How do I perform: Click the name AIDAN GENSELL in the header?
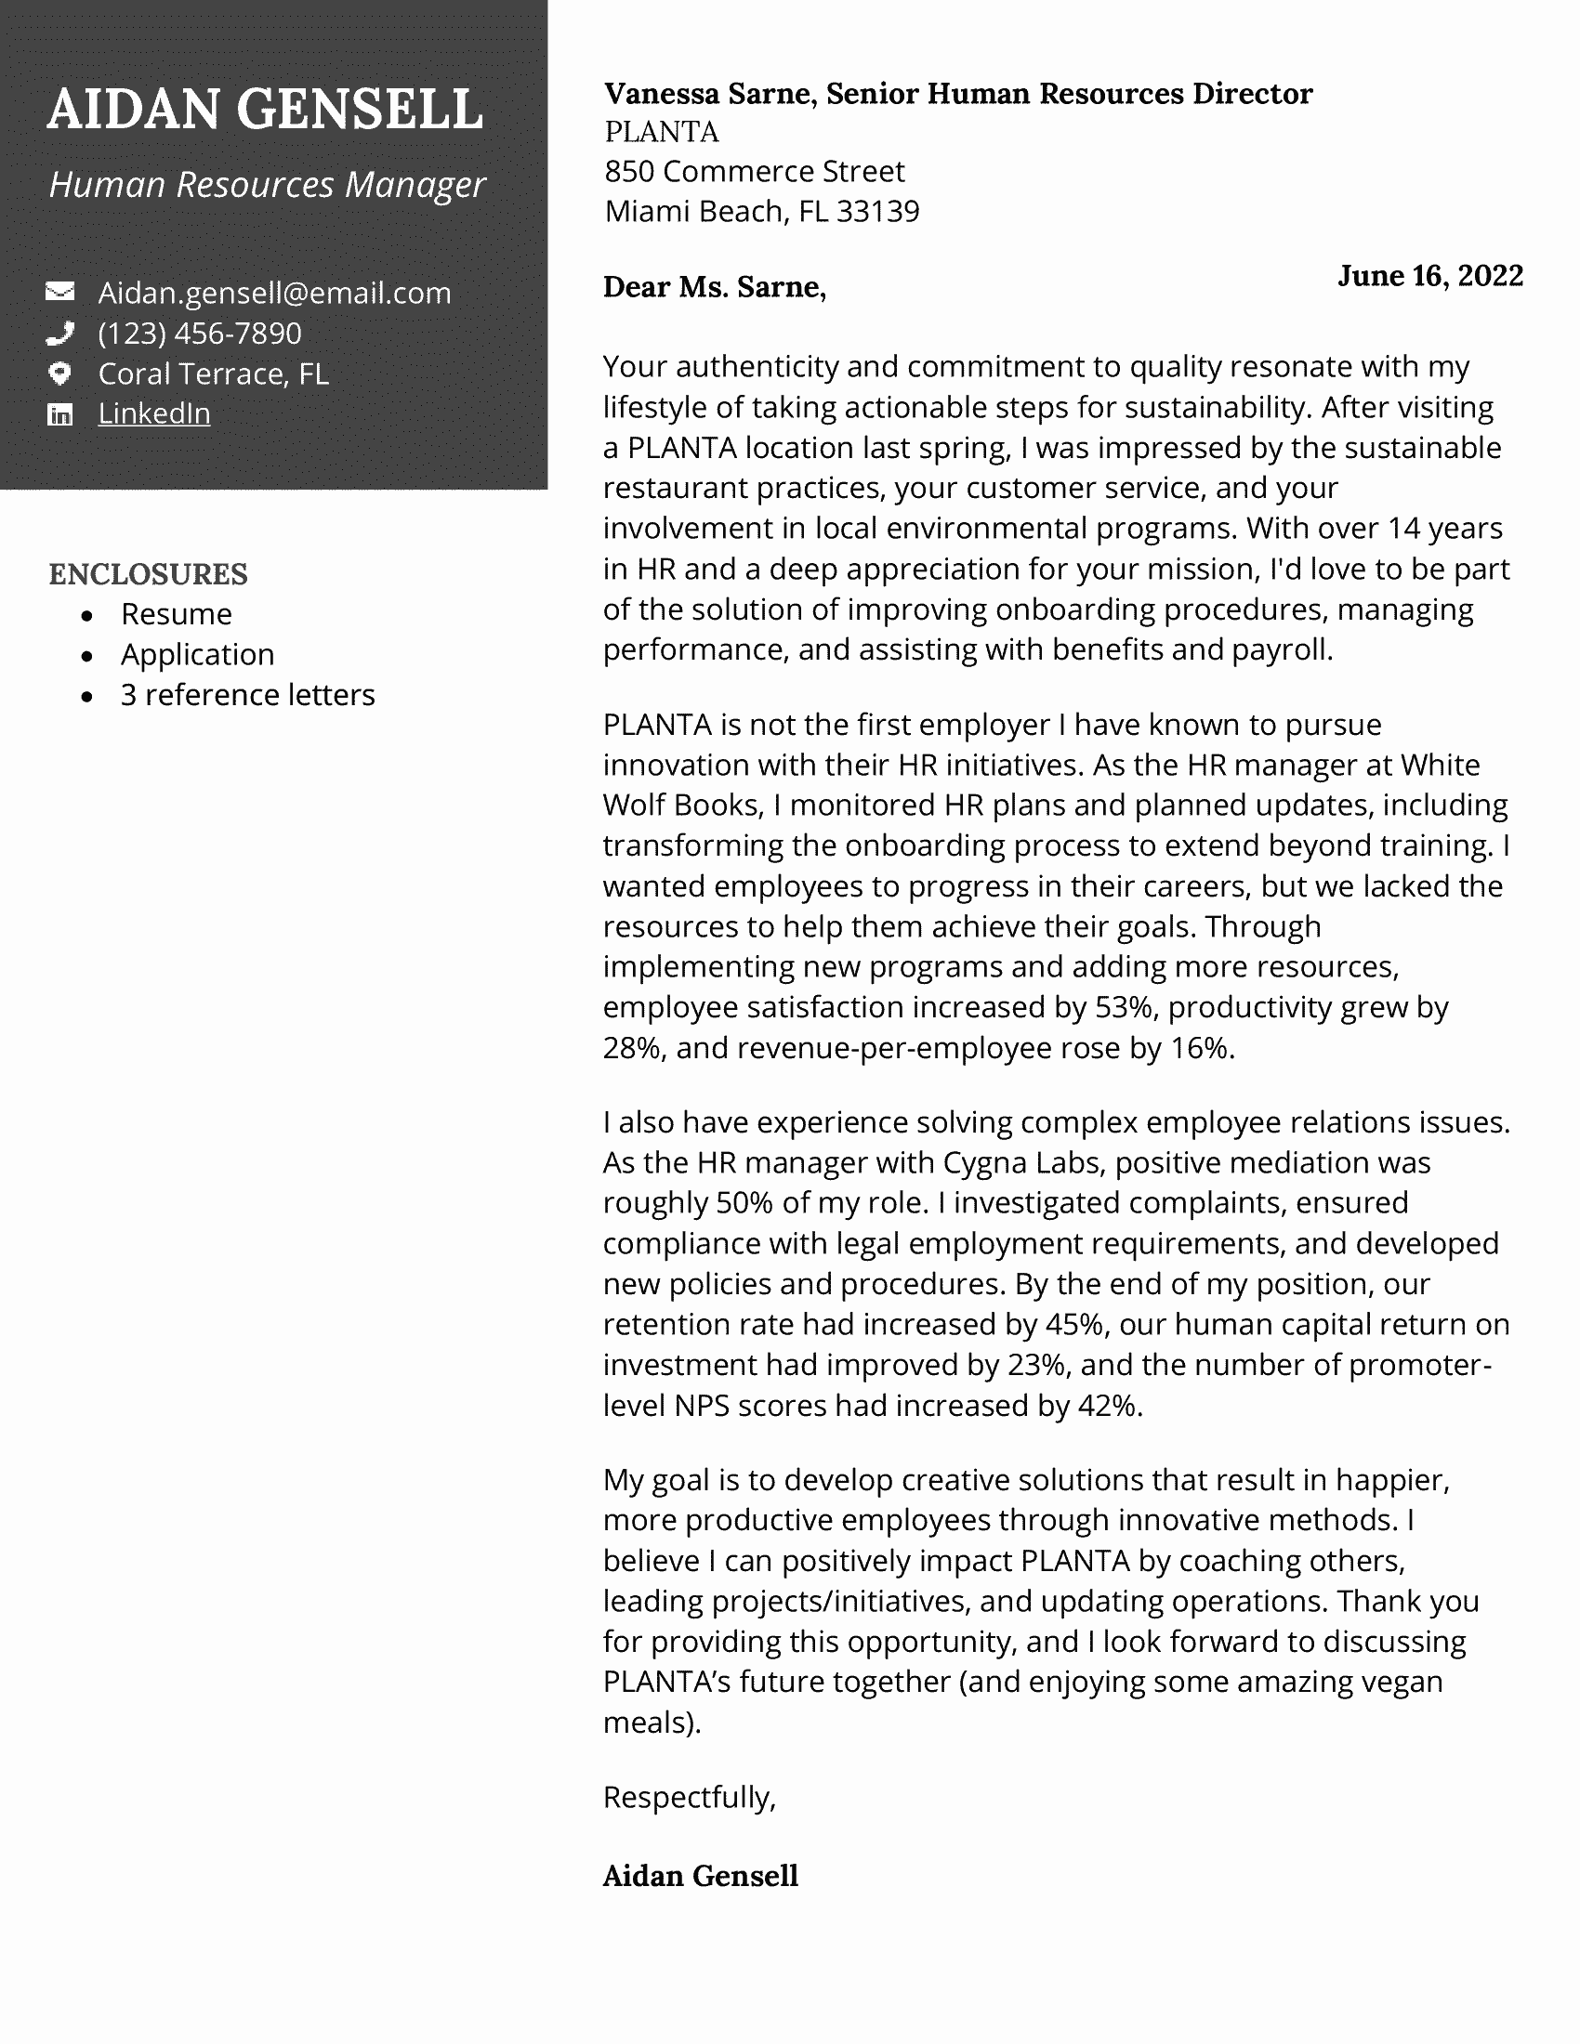pyautogui.click(x=265, y=110)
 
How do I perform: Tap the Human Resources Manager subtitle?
pyautogui.click(x=267, y=184)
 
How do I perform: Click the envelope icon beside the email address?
pyautogui.click(x=59, y=292)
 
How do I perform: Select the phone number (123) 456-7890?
pyautogui.click(x=200, y=334)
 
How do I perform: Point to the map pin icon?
pyautogui.click(x=59, y=373)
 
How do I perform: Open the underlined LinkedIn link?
pyautogui.click(x=153, y=413)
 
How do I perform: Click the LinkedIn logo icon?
pyautogui.click(x=59, y=414)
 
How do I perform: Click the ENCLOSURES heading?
pyautogui.click(x=148, y=573)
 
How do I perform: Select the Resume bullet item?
pyautogui.click(x=176, y=614)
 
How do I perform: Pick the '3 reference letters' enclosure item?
pyautogui.click(x=247, y=694)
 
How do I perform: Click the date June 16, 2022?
pyautogui.click(x=1429, y=275)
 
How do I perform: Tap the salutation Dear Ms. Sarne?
pyautogui.click(x=713, y=286)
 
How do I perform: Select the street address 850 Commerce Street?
pyautogui.click(x=754, y=171)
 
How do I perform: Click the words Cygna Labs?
pyautogui.click(x=1021, y=1162)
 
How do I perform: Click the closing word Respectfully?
pyautogui.click(x=689, y=1797)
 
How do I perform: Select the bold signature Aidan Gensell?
pyautogui.click(x=700, y=1876)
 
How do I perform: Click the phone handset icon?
pyautogui.click(x=59, y=333)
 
